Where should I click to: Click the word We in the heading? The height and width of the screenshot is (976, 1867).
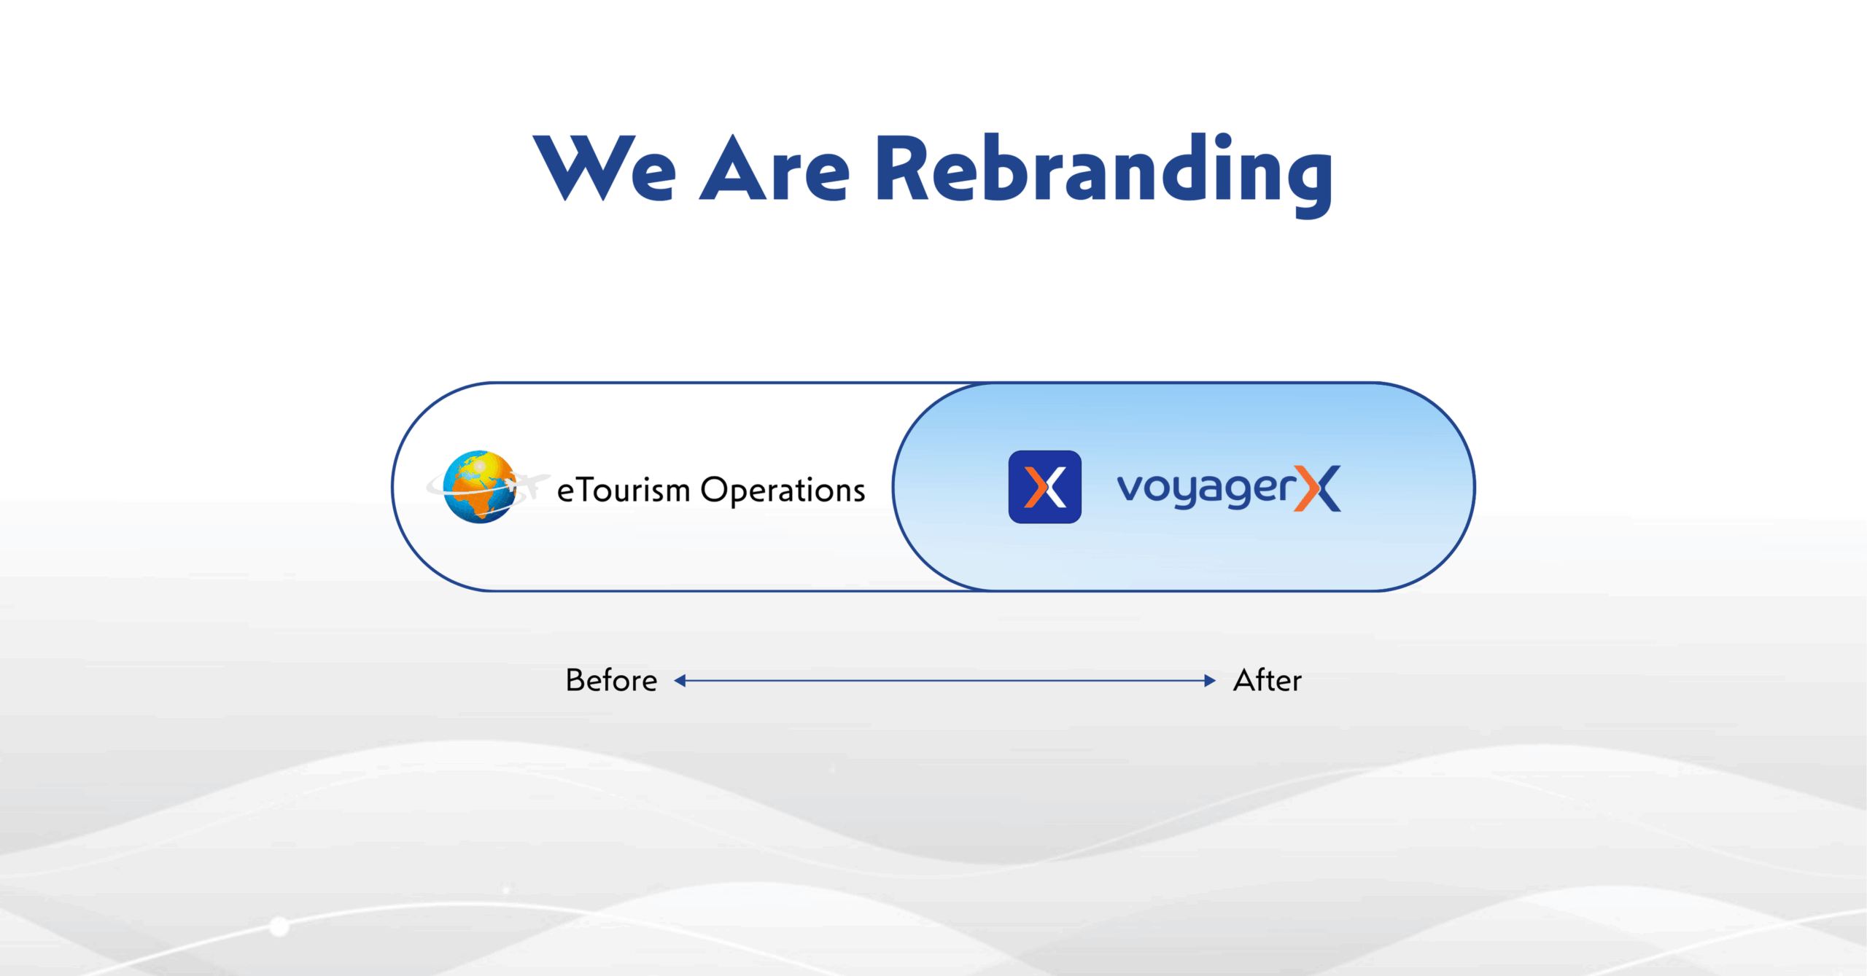[605, 168]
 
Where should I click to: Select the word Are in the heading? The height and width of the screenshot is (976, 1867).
[775, 168]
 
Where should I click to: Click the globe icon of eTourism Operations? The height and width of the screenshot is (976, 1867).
[481, 486]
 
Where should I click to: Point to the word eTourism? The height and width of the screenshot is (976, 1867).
[624, 490]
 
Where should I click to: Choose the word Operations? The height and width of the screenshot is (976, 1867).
[783, 491]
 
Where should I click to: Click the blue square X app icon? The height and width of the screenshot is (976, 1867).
[1044, 486]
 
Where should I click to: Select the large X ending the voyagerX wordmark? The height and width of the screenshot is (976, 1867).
[1317, 488]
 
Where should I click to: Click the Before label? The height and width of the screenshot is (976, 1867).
[611, 680]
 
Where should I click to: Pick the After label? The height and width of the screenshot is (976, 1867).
[1268, 680]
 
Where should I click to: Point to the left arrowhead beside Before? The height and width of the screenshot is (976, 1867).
[680, 681]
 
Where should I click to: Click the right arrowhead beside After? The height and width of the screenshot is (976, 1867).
[1210, 681]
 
